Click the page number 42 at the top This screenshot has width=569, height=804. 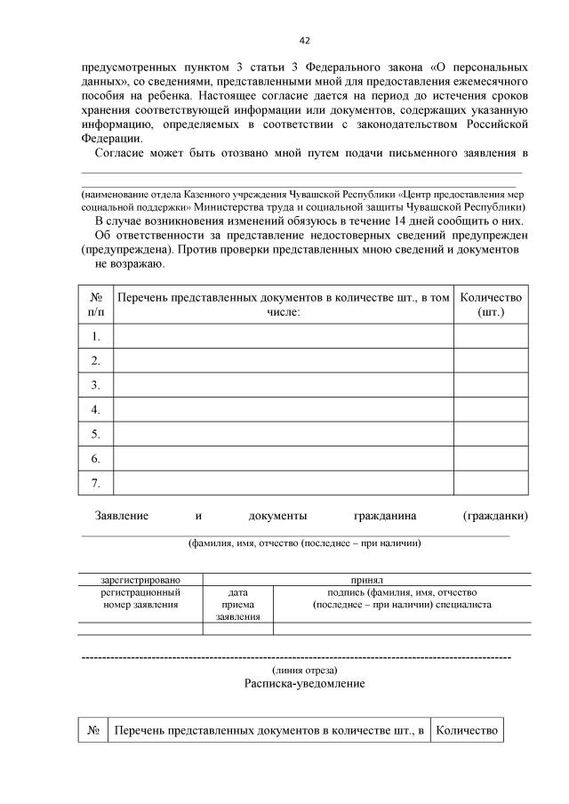[x=305, y=40]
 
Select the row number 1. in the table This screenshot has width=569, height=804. [x=95, y=336]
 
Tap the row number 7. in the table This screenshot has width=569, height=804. [x=95, y=483]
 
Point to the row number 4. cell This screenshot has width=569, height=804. [x=95, y=409]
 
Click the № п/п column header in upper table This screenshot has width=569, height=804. [x=95, y=304]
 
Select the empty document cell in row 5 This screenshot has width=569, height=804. [x=284, y=434]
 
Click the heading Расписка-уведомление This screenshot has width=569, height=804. [x=304, y=685]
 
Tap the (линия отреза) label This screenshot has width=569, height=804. [x=304, y=670]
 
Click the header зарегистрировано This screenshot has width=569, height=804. [x=140, y=579]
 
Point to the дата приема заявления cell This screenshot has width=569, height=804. [x=237, y=604]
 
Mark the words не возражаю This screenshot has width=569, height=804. [x=128, y=264]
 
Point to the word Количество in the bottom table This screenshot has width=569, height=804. [x=466, y=730]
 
